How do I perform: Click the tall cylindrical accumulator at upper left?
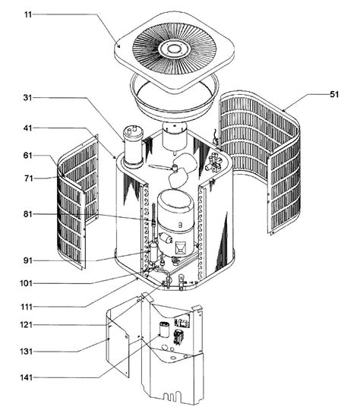click(134, 148)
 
